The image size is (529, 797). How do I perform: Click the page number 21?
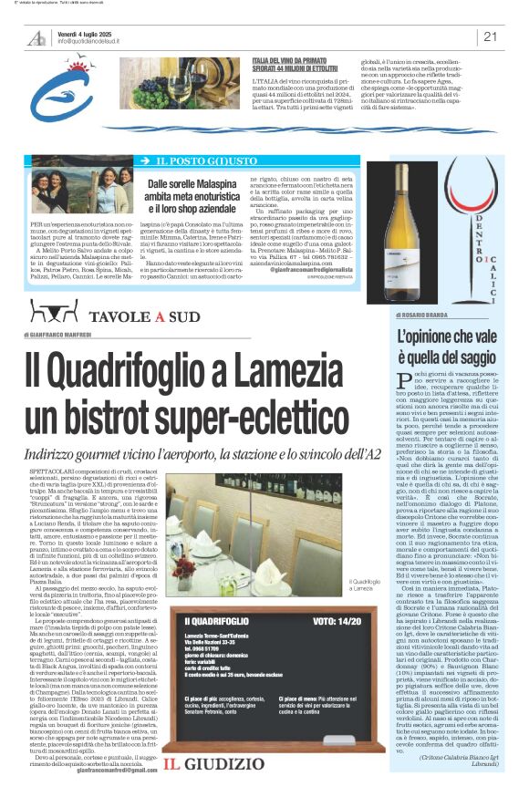490,37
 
